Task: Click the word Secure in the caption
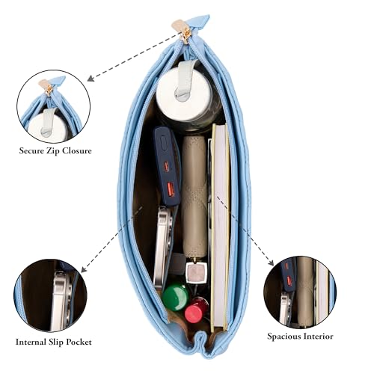pos(32,151)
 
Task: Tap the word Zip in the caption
pos(54,151)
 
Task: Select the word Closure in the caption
pos(77,151)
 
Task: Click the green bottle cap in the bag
pos(175,298)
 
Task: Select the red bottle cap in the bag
pos(194,310)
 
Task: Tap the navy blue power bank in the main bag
pos(168,166)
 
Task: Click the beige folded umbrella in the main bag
pos(194,197)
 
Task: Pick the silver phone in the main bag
pos(163,249)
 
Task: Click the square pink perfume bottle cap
pos(196,273)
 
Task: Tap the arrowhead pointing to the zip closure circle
pos(91,79)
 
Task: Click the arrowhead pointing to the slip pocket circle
pos(84,269)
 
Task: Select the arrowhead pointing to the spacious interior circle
pos(271,263)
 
